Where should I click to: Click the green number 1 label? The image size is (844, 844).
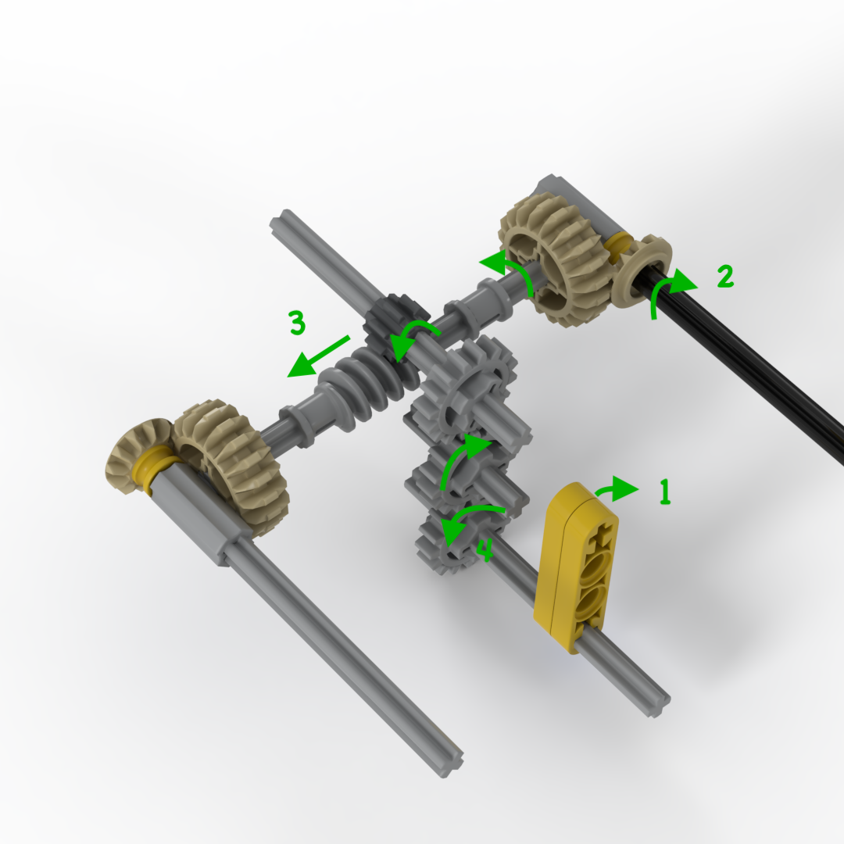click(664, 492)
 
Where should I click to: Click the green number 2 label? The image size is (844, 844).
click(725, 276)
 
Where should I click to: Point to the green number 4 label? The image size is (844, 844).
click(485, 552)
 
